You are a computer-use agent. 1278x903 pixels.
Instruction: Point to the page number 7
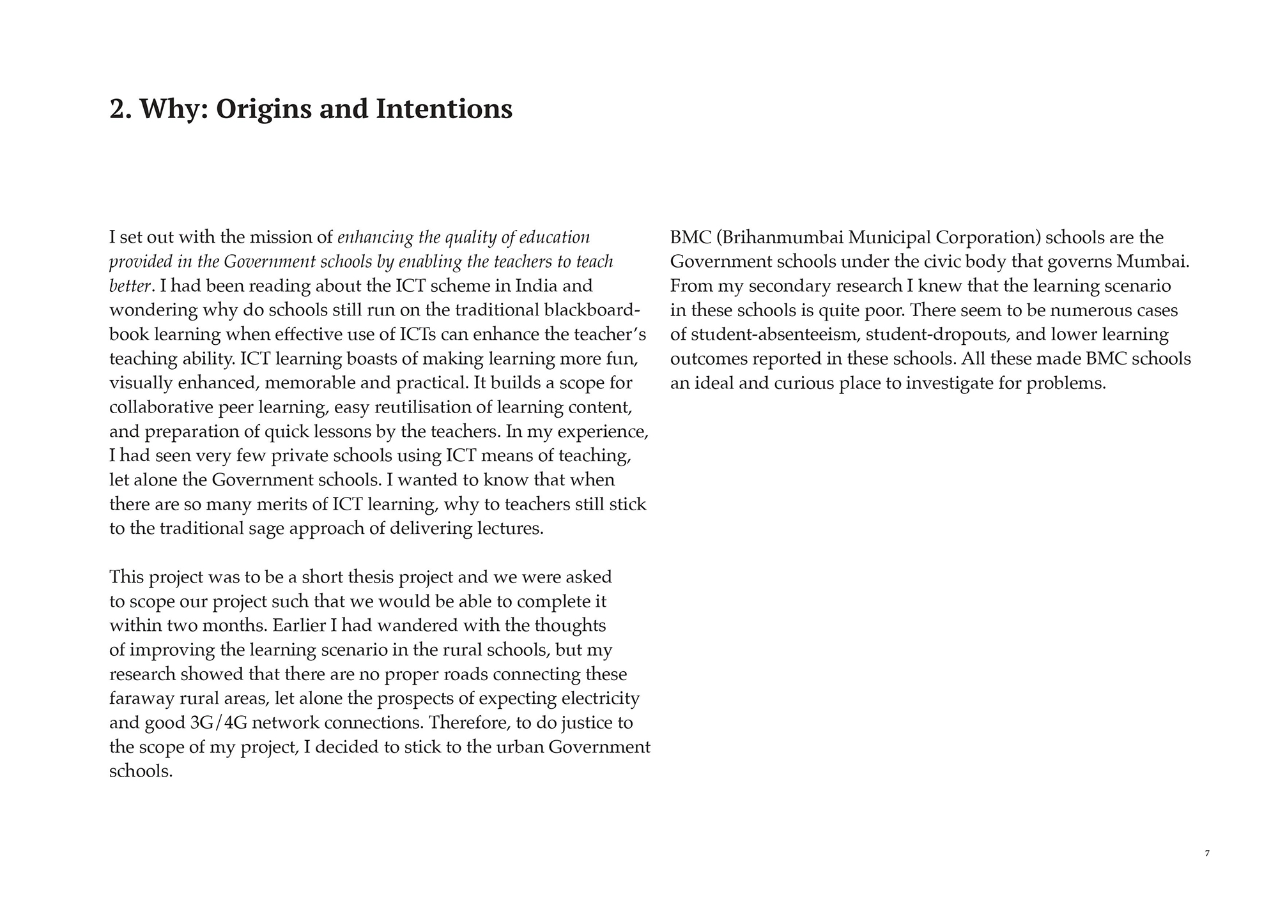[1207, 853]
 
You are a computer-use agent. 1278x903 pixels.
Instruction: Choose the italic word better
[130, 286]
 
